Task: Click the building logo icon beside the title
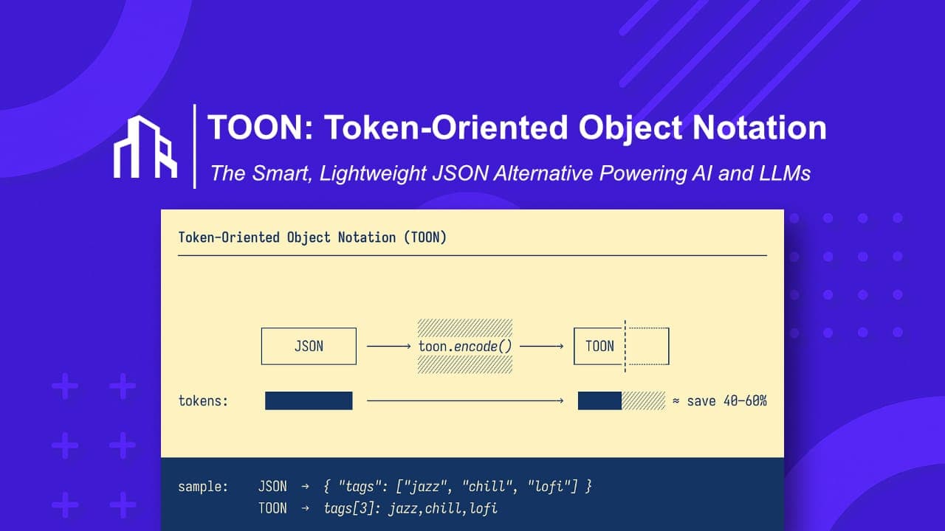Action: point(145,147)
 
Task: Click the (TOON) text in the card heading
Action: point(425,237)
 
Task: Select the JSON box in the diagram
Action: point(309,346)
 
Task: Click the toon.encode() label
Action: point(464,346)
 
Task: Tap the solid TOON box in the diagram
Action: point(599,346)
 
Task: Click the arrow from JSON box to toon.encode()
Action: point(388,346)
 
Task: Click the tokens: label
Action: point(203,401)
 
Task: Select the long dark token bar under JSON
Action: point(309,401)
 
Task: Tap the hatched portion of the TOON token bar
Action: point(643,401)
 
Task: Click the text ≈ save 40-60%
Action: point(719,401)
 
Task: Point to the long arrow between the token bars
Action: point(465,401)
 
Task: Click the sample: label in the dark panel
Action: point(203,487)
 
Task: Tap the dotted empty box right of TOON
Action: point(647,346)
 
